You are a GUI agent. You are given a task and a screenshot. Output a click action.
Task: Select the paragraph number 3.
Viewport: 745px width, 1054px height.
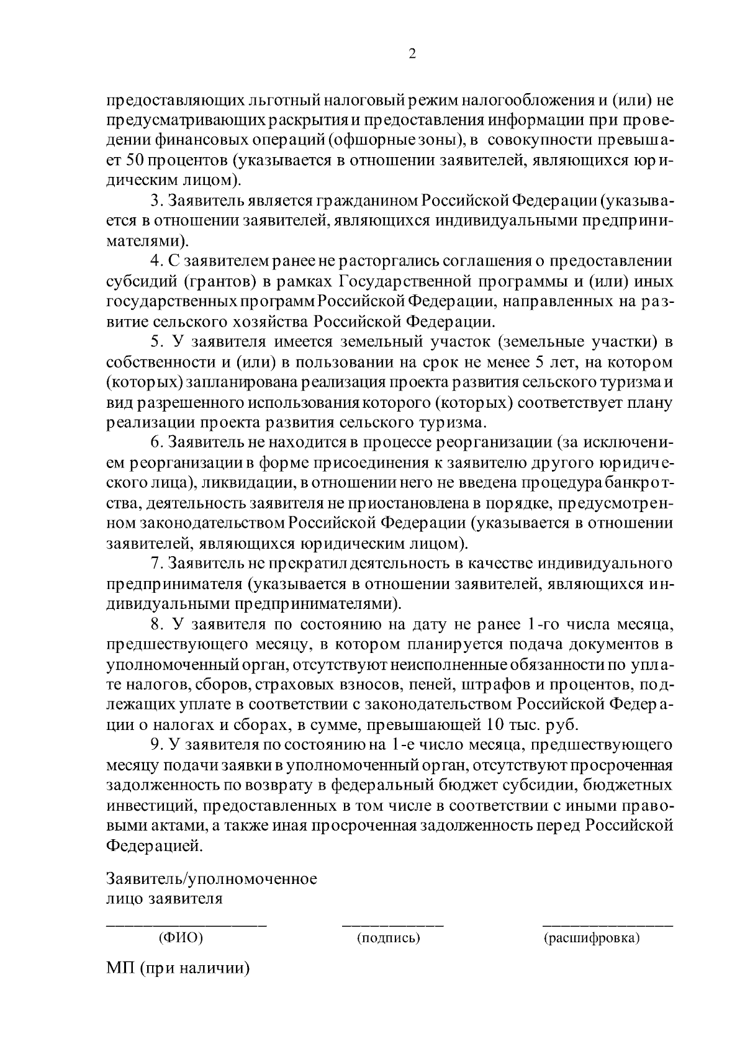click(155, 201)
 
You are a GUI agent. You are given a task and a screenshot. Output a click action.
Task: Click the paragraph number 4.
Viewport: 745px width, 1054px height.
click(155, 261)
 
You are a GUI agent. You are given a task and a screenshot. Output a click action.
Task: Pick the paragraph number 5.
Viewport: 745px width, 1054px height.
click(155, 342)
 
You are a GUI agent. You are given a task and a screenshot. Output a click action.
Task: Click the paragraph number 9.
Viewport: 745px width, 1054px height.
click(155, 744)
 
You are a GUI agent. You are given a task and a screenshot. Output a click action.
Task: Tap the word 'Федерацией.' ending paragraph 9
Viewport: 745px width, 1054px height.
click(154, 845)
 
